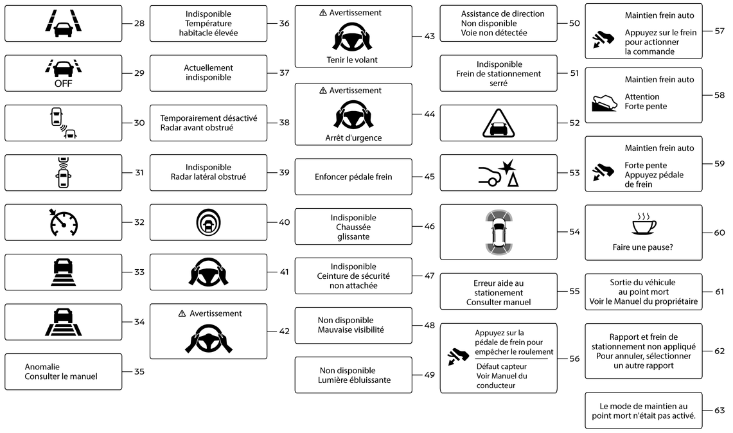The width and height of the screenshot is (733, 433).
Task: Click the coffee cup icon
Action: point(644,224)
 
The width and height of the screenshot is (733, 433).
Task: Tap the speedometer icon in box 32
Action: point(64,222)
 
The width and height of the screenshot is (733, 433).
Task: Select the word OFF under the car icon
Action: point(64,84)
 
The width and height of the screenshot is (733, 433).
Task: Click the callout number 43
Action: point(430,36)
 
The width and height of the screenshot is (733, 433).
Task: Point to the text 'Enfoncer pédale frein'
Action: point(353,177)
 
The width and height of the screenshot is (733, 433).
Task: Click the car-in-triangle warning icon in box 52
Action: point(499,123)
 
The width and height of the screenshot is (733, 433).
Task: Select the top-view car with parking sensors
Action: point(499,232)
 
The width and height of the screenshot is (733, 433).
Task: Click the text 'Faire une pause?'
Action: point(643,247)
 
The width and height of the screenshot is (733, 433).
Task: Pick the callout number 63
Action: point(720,410)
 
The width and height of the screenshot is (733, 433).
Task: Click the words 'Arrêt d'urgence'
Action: point(353,138)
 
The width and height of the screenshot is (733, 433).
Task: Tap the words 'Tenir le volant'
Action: point(352,60)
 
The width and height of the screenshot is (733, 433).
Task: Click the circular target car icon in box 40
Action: point(209,222)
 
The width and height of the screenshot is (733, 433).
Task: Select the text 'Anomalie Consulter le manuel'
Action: point(61,372)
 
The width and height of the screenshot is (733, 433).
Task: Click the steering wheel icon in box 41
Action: point(209,272)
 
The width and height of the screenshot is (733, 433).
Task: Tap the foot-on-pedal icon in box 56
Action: point(458,357)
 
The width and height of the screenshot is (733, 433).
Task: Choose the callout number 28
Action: point(139,23)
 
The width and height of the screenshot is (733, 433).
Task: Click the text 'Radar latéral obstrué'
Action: point(209,177)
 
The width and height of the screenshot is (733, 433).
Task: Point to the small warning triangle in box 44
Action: point(323,91)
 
